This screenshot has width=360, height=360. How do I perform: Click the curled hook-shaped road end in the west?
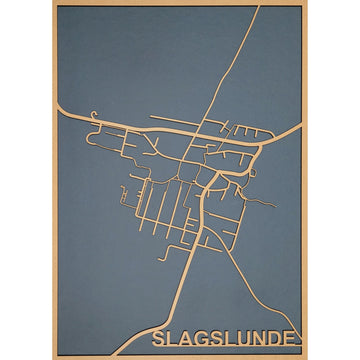(x=93, y=114)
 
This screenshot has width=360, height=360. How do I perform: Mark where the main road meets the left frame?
(x=58, y=105)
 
